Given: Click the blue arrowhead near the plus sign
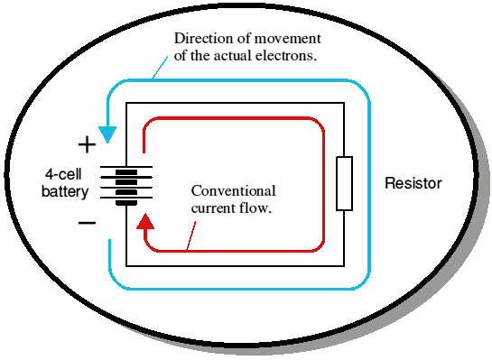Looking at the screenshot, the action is coord(107,134).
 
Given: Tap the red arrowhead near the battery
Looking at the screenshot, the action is coord(145,221).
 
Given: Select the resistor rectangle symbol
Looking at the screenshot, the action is coord(344,183).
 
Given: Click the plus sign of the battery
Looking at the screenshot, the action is coord(87,145).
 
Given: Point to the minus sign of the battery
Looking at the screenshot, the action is coord(87,223).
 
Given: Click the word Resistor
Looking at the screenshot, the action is coord(413,183).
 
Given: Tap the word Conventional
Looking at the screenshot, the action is coord(234,190).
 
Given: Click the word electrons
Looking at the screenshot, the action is coord(285,56).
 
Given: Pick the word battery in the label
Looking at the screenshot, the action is coord(65,191).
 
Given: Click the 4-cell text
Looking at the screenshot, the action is coord(63,174).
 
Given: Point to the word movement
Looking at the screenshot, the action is coord(287,38).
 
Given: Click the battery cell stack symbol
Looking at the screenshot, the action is coord(126,186).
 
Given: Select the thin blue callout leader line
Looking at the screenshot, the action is coord(160,67).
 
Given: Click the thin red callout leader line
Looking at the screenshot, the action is coord(191,235).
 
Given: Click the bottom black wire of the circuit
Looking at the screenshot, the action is coord(235,266).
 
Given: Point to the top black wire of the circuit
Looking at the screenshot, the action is coord(235,103).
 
